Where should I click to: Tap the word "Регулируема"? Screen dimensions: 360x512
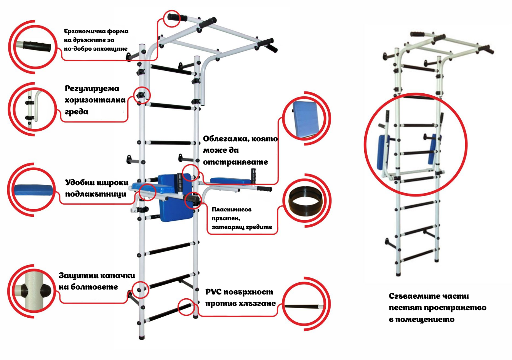[x=92, y=89]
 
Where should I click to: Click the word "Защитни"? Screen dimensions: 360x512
[x=79, y=275]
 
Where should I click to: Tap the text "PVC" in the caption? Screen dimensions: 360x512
[x=213, y=292]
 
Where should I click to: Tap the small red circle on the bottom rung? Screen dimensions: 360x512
[x=187, y=306]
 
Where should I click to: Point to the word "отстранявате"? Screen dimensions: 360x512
[x=235, y=162]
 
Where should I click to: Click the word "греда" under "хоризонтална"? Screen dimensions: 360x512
[x=77, y=112]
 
